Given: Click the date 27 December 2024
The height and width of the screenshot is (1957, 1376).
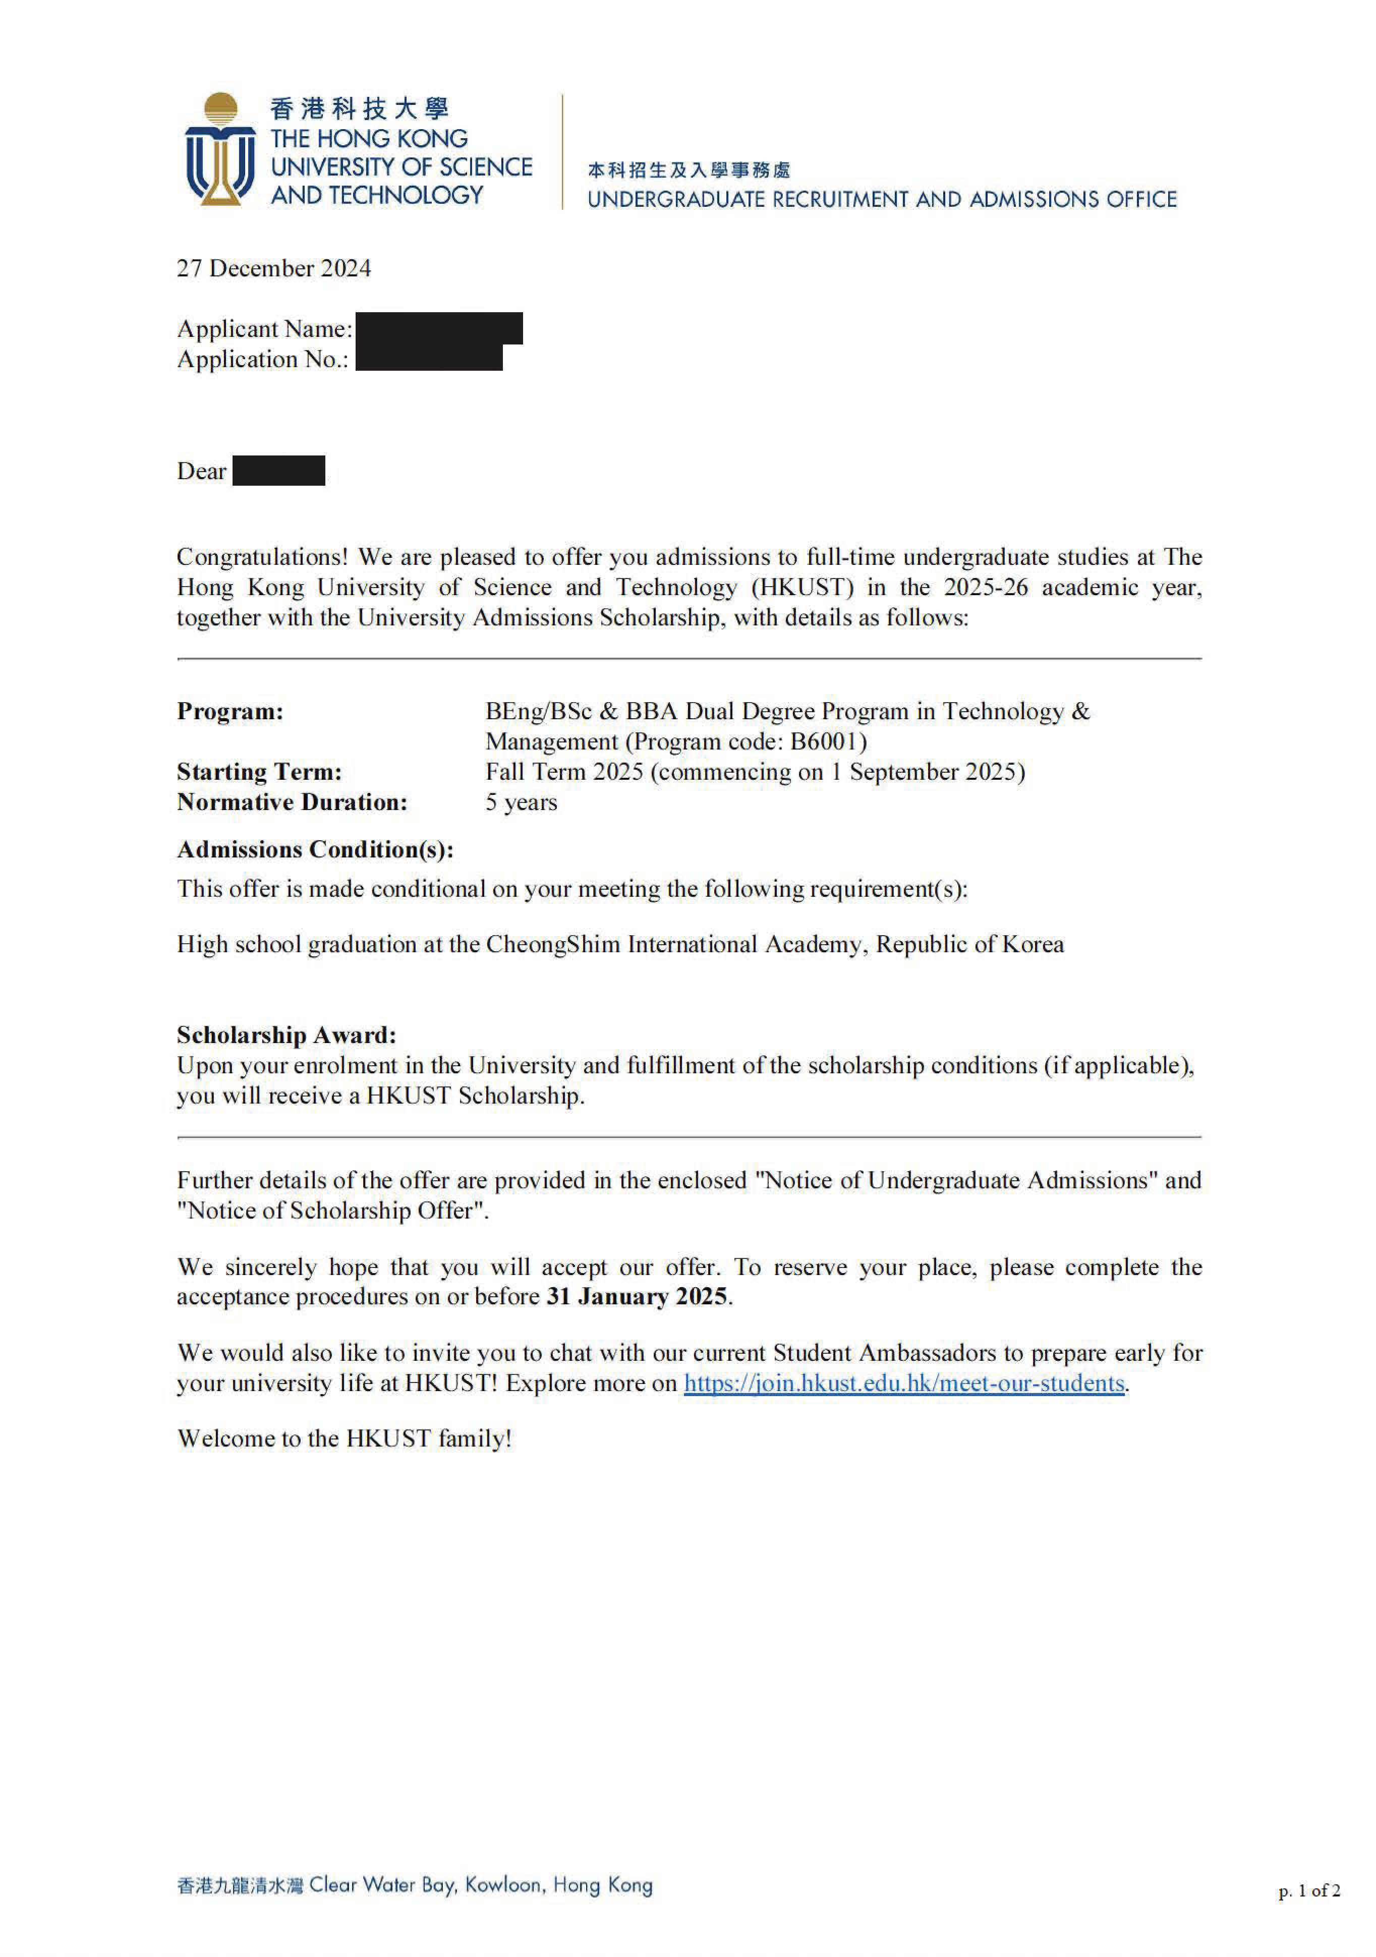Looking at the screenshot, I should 274,268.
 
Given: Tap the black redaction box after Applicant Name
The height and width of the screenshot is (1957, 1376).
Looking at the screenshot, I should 438,328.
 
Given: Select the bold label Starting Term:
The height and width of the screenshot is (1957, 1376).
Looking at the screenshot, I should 259,772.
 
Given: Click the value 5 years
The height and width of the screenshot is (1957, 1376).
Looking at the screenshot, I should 521,803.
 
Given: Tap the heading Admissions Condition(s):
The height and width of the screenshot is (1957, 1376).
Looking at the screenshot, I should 315,850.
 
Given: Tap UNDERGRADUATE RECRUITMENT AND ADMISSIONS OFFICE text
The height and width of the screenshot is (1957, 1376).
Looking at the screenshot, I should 882,199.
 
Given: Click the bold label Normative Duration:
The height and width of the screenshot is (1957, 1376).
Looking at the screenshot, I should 292,803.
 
